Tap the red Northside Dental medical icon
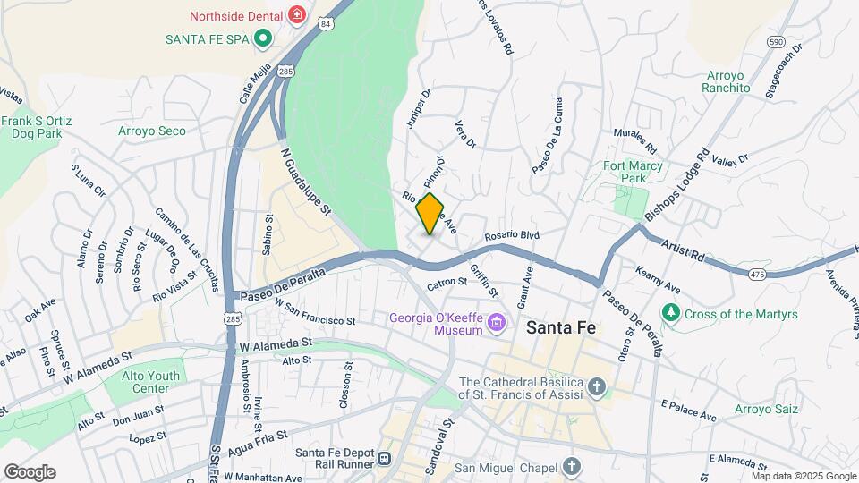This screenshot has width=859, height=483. coord(297,15)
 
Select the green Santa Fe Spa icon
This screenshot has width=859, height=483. coord(262,38)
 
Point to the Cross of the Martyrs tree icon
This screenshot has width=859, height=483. coord(670,313)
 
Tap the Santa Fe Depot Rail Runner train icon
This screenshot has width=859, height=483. coord(385,458)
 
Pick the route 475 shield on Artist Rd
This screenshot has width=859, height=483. coord(757,273)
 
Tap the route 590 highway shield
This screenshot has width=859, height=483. coord(776,41)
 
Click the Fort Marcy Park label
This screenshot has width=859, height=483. coord(633,172)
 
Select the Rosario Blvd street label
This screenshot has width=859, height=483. coord(513,236)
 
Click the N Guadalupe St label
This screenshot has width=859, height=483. coord(306,182)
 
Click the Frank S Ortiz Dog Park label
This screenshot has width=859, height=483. coord(37,127)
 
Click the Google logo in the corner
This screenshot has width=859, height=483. coord(30,471)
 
